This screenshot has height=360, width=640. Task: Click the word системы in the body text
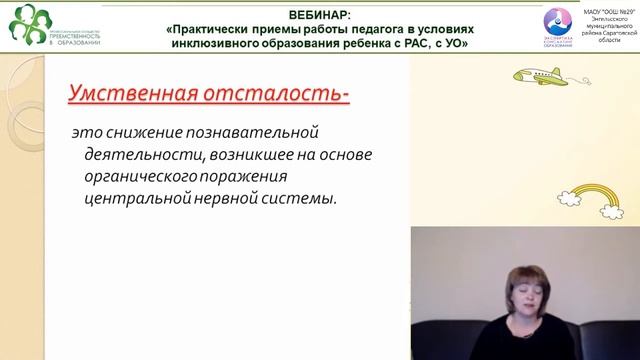305,198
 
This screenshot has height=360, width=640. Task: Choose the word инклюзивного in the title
216,44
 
